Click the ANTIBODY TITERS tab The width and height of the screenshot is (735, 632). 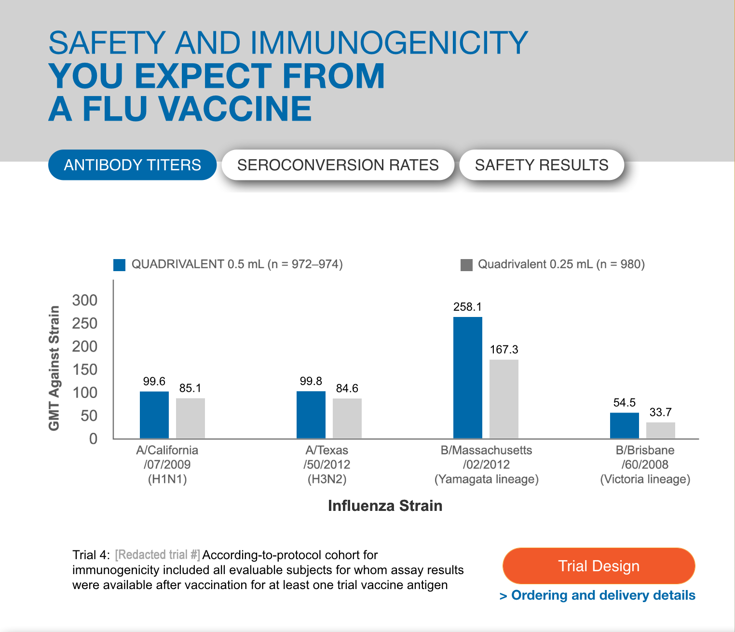click(x=132, y=165)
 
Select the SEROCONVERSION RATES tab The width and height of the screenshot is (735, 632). click(x=338, y=165)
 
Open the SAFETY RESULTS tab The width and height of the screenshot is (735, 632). click(x=541, y=165)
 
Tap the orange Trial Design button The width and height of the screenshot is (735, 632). click(x=599, y=566)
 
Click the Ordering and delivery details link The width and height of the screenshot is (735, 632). click(x=598, y=595)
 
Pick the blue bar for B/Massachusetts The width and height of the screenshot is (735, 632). click(x=467, y=377)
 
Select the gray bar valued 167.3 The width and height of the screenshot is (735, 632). click(x=504, y=398)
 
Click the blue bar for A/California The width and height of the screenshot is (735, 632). click(x=154, y=415)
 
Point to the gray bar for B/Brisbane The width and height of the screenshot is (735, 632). click(x=660, y=430)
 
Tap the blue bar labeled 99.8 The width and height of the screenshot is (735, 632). click(x=311, y=415)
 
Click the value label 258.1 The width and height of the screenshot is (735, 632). click(x=467, y=307)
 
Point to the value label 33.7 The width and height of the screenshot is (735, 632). click(x=660, y=412)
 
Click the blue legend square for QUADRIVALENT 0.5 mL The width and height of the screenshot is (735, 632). click(x=119, y=265)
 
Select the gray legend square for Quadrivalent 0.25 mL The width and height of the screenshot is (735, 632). click(x=466, y=265)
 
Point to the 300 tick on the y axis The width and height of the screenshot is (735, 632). click(x=85, y=300)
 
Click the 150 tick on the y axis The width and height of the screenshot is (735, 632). click(x=85, y=370)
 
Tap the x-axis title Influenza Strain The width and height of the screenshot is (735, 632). click(x=385, y=506)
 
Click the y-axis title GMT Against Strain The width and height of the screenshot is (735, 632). click(x=54, y=368)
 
